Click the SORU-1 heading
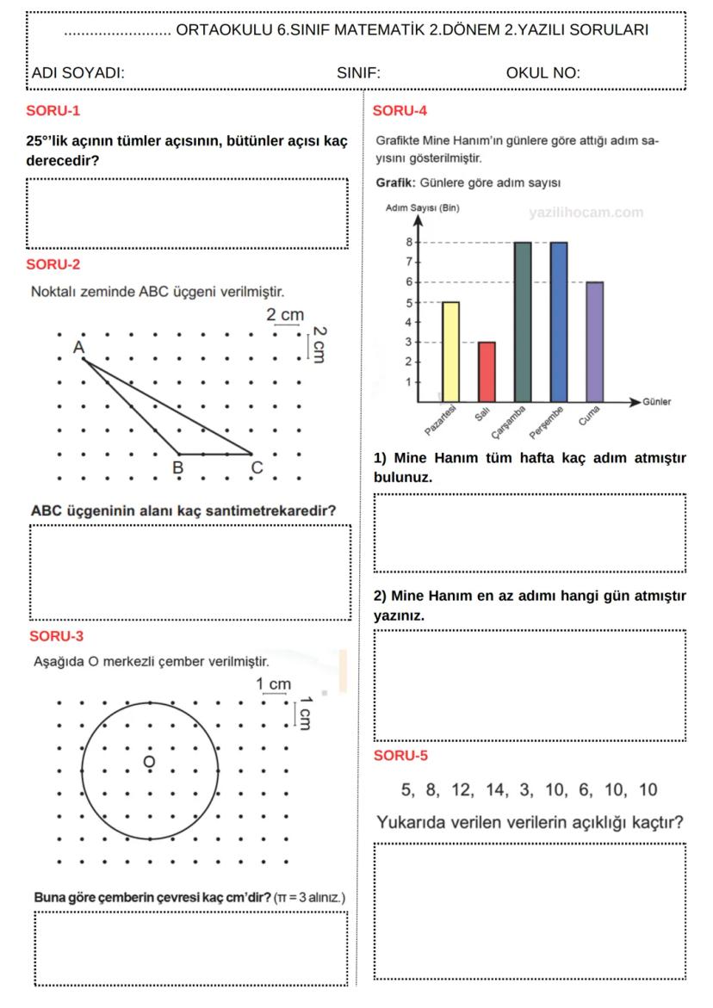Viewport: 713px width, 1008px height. pos(53,111)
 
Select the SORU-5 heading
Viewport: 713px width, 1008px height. pos(400,756)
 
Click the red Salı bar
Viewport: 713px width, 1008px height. pos(487,372)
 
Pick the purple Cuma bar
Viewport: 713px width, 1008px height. pos(594,342)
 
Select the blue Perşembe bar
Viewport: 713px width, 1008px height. pos(558,322)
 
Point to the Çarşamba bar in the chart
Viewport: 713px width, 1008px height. pos(522,322)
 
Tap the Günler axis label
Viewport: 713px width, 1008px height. pos(657,402)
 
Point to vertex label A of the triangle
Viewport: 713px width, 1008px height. pos(77,347)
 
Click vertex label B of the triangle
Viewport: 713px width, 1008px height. pos(177,467)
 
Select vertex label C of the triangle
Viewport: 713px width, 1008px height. pos(256,467)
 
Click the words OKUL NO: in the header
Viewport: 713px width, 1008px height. pos(542,73)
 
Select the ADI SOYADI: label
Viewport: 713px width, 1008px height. pos(77,73)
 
